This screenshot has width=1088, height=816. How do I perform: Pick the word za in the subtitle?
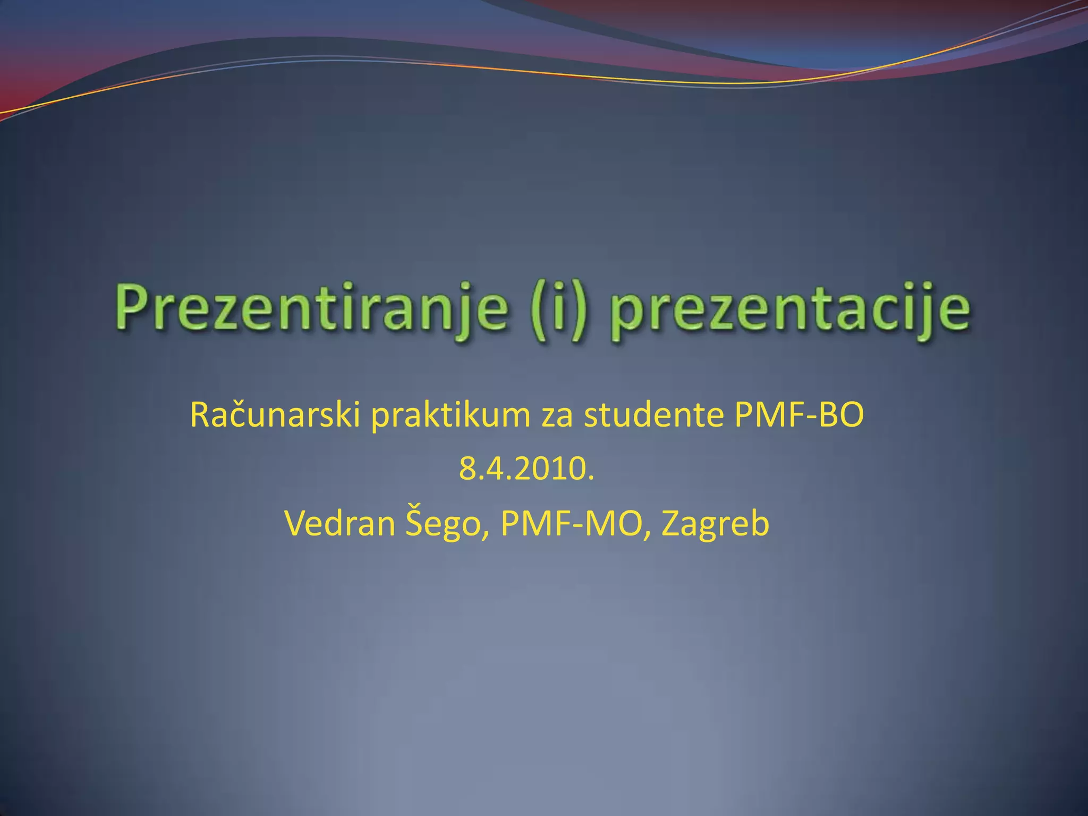(x=557, y=416)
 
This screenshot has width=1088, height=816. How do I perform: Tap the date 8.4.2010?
(x=526, y=469)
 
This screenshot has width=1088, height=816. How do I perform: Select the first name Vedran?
(x=340, y=523)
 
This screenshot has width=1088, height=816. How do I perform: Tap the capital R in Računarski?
(x=201, y=415)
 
